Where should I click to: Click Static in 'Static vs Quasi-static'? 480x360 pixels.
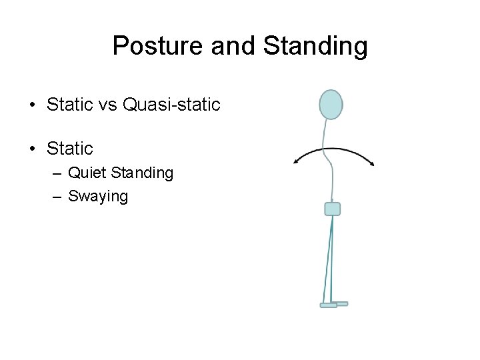tap(70, 105)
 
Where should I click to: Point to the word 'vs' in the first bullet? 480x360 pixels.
tap(107, 105)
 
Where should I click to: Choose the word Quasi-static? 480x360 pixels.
tap(171, 105)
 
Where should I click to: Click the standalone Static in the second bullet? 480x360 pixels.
tap(70, 147)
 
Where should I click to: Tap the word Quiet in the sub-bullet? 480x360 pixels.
tap(88, 173)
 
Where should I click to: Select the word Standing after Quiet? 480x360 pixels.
tap(142, 173)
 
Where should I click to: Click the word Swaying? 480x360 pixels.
tap(98, 196)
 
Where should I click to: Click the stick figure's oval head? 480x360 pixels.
tap(331, 105)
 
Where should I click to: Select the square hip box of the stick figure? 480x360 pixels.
tap(332, 209)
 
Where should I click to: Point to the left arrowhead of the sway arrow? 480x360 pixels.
tap(297, 161)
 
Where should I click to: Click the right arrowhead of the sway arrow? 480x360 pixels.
tap(371, 163)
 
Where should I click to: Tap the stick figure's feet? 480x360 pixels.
tap(333, 304)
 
